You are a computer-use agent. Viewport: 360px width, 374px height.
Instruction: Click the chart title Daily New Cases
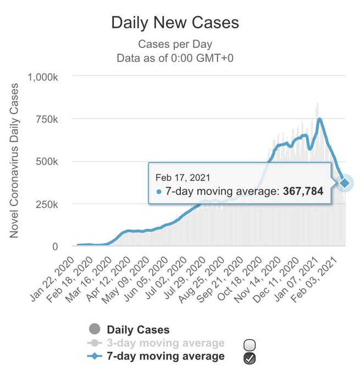(x=175, y=23)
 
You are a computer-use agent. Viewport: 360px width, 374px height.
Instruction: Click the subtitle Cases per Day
(x=175, y=45)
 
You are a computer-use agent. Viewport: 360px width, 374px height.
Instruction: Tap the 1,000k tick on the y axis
(x=43, y=78)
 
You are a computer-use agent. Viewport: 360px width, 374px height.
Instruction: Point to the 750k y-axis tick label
(x=47, y=119)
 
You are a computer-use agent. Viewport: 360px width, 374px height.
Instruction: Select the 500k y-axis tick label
(x=47, y=162)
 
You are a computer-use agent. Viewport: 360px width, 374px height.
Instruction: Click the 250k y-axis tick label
(x=47, y=205)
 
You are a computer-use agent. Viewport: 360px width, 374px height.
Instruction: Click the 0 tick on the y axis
(x=55, y=246)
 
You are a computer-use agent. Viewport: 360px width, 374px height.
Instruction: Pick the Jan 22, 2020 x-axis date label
(x=52, y=279)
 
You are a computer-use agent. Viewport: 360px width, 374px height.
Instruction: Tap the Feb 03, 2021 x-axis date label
(x=315, y=279)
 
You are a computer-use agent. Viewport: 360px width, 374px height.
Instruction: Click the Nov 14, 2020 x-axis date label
(x=258, y=279)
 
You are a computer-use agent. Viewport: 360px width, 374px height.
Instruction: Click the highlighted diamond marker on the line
(x=345, y=183)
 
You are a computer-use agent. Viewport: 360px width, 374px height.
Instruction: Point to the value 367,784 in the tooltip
(x=303, y=191)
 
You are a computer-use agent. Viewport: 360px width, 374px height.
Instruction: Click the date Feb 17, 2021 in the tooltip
(x=183, y=178)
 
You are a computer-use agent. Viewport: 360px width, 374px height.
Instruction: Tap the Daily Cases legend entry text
(x=139, y=330)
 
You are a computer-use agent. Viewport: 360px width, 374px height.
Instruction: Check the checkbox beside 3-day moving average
(x=250, y=345)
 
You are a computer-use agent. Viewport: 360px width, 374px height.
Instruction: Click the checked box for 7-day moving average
(x=250, y=358)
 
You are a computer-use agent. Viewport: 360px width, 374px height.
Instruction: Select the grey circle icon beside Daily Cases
(x=95, y=329)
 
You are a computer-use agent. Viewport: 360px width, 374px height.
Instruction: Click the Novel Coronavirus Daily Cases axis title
(x=14, y=160)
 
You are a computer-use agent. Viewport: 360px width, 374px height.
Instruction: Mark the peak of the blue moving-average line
(x=319, y=119)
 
